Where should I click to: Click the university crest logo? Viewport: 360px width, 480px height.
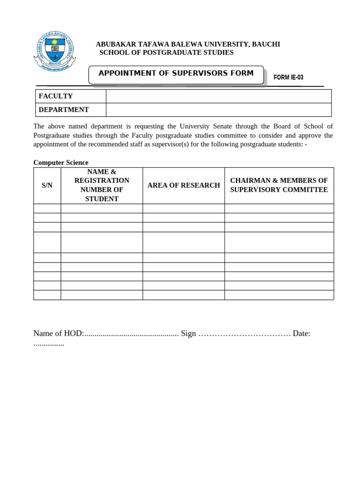[54, 52]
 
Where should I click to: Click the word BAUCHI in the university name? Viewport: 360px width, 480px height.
[266, 44]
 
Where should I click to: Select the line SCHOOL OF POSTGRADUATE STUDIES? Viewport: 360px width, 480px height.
[166, 52]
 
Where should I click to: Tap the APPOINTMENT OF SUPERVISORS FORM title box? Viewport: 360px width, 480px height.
[176, 74]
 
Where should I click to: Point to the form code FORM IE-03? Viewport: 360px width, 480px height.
[288, 77]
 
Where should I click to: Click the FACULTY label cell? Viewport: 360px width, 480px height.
[70, 96]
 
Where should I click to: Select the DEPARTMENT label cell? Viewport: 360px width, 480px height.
[70, 110]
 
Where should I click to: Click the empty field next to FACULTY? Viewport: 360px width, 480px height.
[218, 96]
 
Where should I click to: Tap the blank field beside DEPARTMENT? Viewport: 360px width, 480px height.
[218, 110]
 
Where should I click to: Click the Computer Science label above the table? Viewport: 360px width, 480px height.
[60, 162]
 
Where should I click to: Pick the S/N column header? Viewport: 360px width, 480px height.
[47, 185]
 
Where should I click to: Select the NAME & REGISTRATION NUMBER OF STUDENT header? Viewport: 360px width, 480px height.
[102, 185]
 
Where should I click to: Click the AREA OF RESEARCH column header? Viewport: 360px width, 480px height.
[184, 185]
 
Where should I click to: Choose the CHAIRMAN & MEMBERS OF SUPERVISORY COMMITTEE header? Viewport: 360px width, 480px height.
[279, 185]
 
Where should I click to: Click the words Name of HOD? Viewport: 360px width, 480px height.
[58, 333]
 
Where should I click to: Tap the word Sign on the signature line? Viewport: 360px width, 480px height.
[188, 333]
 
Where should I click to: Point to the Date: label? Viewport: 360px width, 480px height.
[301, 333]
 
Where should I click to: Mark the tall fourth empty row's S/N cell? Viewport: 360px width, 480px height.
[47, 242]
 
